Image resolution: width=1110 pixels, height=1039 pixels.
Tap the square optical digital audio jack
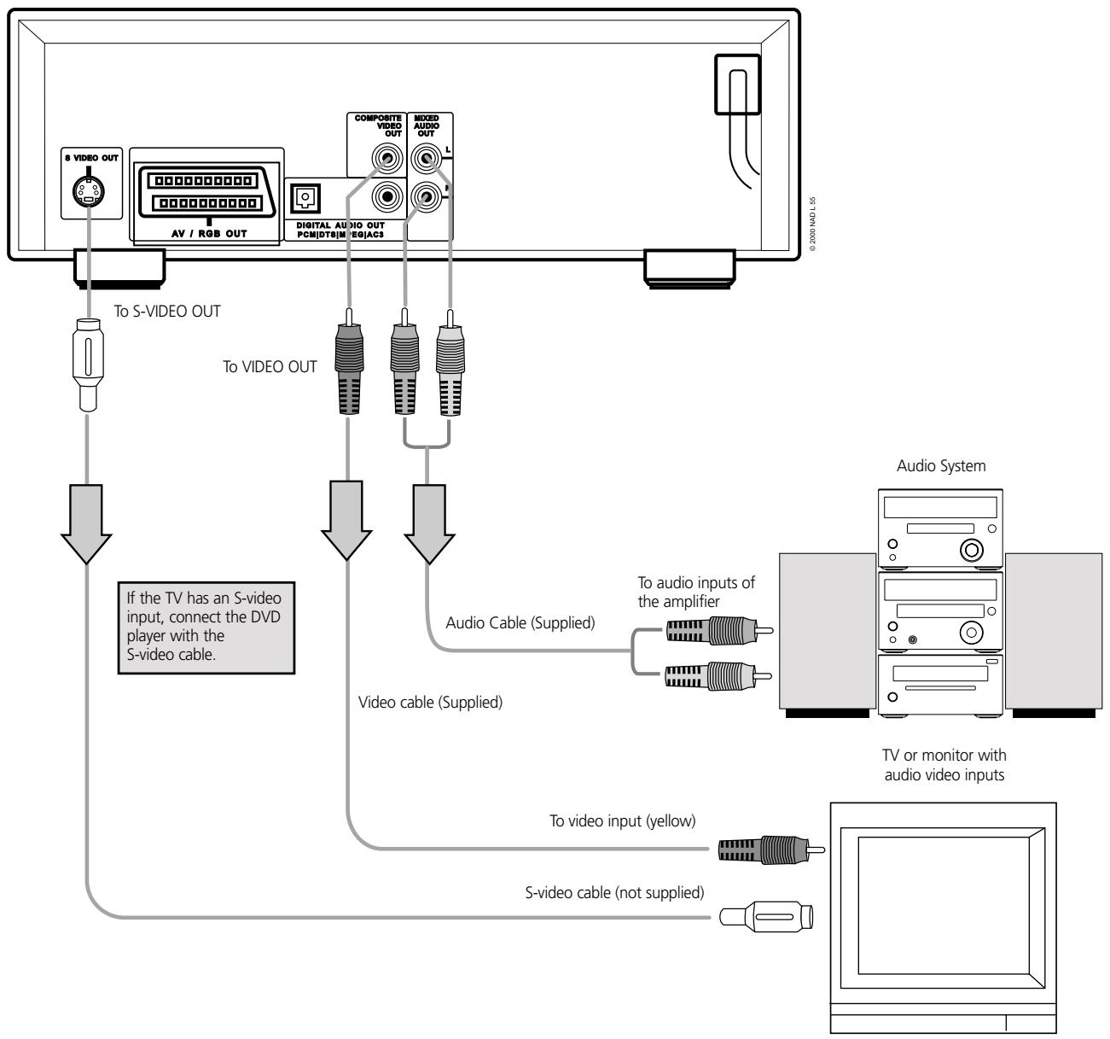click(x=302, y=197)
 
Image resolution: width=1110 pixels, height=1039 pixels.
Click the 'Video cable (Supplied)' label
click(x=430, y=704)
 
